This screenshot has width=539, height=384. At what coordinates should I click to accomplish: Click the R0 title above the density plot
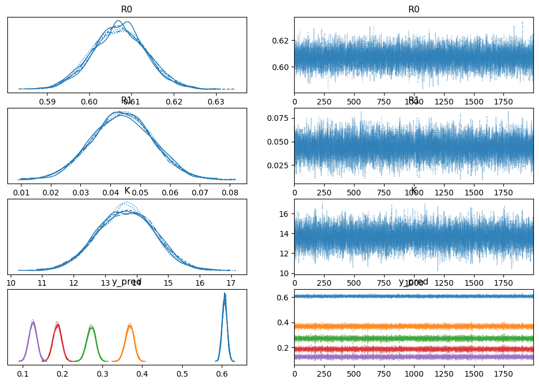[127, 10]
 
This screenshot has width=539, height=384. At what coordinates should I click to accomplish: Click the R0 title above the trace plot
[414, 10]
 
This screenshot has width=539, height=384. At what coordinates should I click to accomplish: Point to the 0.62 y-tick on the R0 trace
[283, 41]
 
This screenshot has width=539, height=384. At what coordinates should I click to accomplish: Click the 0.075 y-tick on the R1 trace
[281, 118]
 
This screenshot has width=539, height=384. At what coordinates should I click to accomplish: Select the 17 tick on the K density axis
[231, 283]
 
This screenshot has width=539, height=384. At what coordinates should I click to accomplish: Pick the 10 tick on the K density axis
[11, 283]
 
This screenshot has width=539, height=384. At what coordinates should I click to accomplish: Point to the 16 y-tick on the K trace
[286, 213]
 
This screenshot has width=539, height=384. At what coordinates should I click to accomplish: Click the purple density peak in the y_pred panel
[33, 322]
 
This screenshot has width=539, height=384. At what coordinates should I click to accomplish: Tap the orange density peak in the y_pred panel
[130, 325]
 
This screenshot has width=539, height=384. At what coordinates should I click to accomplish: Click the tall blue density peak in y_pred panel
[225, 294]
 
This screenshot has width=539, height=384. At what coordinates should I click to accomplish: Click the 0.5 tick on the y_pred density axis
[182, 374]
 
